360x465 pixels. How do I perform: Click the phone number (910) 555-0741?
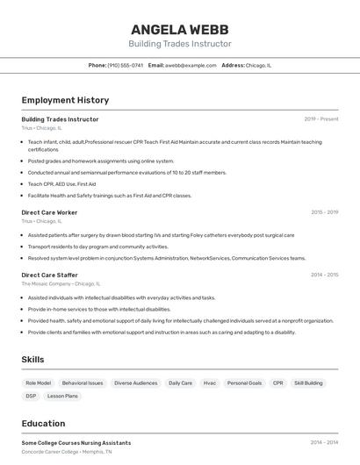pos(125,65)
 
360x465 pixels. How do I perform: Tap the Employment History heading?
pos(65,100)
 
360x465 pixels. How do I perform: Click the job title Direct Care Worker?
pos(49,212)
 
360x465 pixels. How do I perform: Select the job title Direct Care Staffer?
pos(50,275)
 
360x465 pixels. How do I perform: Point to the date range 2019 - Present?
pos(321,119)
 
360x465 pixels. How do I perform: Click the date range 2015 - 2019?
pos(324,212)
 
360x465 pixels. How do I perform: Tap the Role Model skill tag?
pos(39,383)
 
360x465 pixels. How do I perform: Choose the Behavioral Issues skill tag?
pos(83,383)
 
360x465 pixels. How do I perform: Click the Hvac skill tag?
pos(210,383)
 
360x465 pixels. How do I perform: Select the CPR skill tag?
pos(277,383)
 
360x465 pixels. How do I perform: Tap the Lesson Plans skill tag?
pos(62,396)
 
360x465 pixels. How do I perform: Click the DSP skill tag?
pos(31,396)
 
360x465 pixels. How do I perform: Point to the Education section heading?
pos(43,423)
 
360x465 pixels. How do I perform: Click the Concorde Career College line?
pos(67,451)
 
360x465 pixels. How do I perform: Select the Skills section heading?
pos(32,360)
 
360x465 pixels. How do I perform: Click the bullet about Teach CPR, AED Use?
pos(62,184)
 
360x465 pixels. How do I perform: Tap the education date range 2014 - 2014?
pos(324,443)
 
